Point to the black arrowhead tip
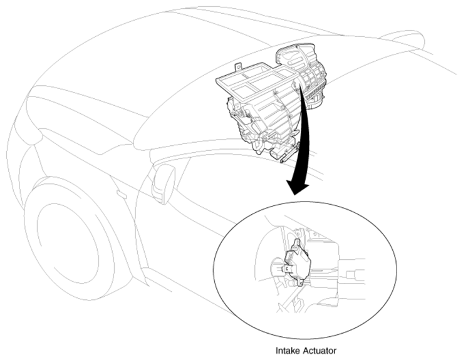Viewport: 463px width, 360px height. [294, 195]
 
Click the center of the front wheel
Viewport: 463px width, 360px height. [68, 245]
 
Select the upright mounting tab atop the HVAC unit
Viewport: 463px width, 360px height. [238, 67]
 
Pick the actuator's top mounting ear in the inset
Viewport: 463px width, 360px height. [297, 242]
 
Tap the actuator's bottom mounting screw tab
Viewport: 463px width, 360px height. [300, 284]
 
